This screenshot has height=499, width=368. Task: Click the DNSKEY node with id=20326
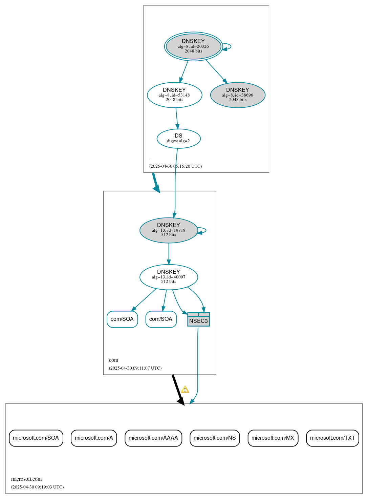(x=193, y=46)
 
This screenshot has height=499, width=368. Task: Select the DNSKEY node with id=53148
(x=174, y=95)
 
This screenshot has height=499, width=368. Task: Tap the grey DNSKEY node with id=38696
(x=238, y=95)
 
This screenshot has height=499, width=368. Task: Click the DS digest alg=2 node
(x=178, y=138)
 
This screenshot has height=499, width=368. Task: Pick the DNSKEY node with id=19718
(x=169, y=230)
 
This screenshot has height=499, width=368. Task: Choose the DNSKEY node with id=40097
(x=169, y=277)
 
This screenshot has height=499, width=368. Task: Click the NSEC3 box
(x=198, y=319)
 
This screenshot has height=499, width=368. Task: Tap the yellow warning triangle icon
(x=185, y=390)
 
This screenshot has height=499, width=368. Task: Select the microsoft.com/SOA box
(x=36, y=438)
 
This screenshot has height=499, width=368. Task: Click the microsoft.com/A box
(x=94, y=438)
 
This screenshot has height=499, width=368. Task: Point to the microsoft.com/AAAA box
(x=153, y=438)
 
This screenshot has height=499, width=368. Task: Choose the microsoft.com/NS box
(x=215, y=438)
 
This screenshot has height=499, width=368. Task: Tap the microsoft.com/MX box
(x=273, y=438)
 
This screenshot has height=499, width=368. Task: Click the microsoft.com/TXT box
(x=332, y=438)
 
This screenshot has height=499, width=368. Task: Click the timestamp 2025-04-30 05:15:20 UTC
(x=175, y=166)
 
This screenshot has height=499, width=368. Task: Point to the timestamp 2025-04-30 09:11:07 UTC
(x=135, y=368)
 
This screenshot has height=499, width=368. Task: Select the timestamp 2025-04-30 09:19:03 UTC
(x=37, y=487)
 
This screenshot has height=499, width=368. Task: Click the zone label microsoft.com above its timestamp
(x=26, y=479)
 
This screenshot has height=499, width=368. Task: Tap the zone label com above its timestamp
(x=114, y=360)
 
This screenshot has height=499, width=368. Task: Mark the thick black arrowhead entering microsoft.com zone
(x=181, y=401)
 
